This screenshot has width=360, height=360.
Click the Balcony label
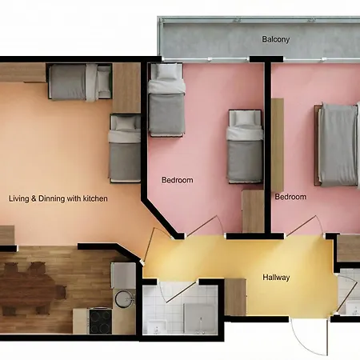[275, 39]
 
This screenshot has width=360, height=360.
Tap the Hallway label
[276, 278]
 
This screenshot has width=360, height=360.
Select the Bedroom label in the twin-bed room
[178, 180]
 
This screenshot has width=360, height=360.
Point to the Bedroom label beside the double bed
[290, 197]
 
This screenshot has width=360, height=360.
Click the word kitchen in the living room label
[95, 198]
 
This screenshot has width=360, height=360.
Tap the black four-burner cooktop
[100, 321]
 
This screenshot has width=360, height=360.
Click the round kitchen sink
[123, 298]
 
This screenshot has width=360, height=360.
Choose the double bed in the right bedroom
[338, 144]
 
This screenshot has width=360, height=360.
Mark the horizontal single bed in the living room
[80, 82]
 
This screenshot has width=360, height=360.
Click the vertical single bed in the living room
[125, 149]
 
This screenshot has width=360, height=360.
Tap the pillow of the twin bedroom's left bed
[166, 72]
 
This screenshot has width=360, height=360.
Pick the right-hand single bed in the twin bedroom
[245, 146]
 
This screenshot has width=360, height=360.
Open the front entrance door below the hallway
[310, 337]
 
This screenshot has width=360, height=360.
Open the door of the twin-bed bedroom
[206, 226]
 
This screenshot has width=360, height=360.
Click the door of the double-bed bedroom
[306, 226]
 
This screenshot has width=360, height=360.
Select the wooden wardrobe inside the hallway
[235, 297]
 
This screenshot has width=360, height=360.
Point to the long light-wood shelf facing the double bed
[278, 145]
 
